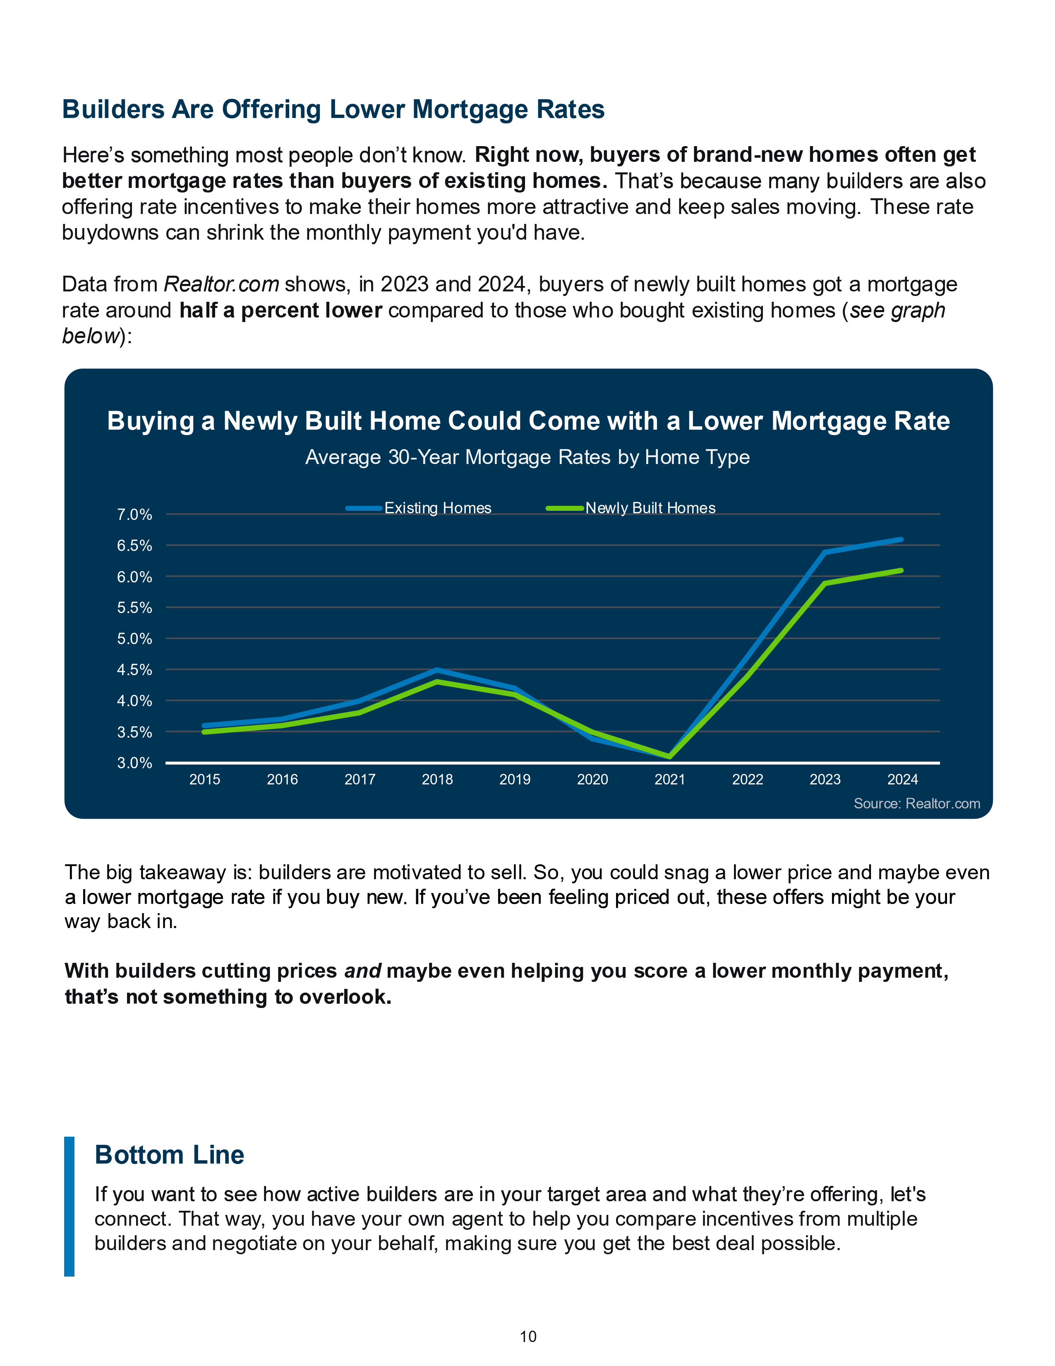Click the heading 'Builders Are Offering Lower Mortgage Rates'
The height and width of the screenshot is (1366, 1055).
pos(333,109)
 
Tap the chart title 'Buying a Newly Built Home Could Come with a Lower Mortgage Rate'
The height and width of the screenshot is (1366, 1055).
pos(528,421)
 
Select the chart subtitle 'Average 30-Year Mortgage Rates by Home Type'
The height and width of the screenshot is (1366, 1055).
pos(527,457)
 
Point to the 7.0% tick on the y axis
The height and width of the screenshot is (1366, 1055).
pos(134,515)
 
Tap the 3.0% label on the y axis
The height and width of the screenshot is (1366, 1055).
pos(134,763)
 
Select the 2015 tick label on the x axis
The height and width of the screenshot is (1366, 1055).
pos(205,779)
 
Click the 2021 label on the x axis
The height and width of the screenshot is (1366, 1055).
pos(670,779)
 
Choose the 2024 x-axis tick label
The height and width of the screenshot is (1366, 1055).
pos(902,779)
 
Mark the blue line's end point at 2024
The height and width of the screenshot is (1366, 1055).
pos(901,539)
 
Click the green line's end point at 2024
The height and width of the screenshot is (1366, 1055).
pos(901,570)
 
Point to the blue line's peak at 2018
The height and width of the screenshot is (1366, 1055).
pos(437,670)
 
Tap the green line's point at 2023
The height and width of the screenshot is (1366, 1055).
pos(825,583)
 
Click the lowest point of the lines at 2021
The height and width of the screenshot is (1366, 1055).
pos(670,757)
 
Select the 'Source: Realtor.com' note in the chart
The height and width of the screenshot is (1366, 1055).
pos(917,804)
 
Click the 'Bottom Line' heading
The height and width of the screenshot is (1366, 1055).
pos(169,1154)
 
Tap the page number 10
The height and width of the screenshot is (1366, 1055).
pos(528,1337)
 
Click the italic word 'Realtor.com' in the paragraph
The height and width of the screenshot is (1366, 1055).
pos(221,285)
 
